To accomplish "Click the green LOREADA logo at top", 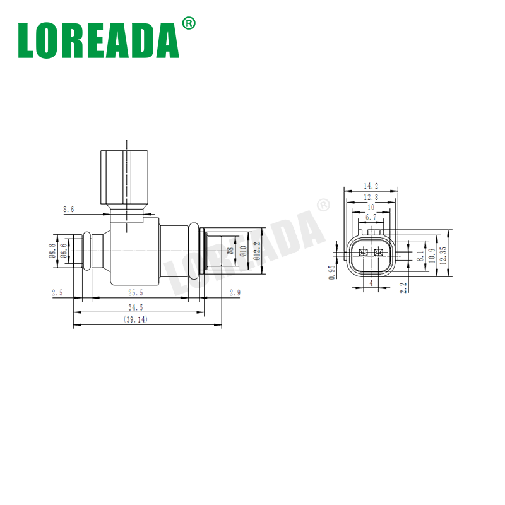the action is pos(98,40).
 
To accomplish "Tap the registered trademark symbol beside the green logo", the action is pos(188,23).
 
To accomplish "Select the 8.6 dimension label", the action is pos(69,210).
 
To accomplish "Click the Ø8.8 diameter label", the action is pos(52,251).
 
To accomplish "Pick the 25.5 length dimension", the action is pos(136,292).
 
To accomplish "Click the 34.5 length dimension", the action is pos(136,307).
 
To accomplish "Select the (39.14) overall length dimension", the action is pos(136,319).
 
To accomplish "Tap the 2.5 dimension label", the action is pos(57,292).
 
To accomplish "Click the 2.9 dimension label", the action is pos(235,292).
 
